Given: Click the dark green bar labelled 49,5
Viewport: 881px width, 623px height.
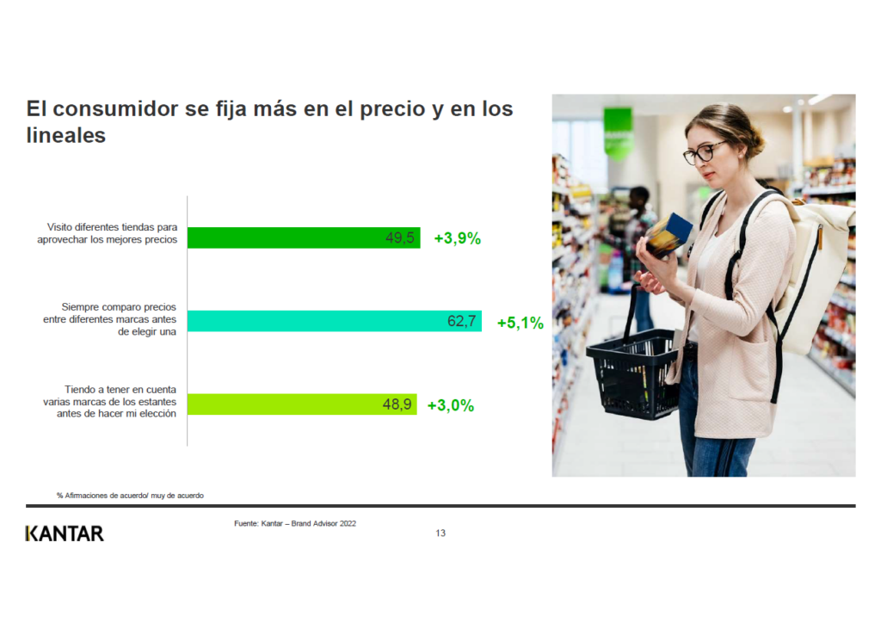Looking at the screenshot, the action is coord(304,237).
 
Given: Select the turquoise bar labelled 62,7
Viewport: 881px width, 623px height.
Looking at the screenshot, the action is coord(335,321).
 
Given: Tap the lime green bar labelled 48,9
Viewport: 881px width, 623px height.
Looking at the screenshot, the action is coord(302,404).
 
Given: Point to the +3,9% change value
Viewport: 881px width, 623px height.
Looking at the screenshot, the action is coord(458,238).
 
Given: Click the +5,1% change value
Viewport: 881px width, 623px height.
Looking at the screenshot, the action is coord(521,323).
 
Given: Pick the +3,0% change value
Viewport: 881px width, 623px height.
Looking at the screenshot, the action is coord(451,405).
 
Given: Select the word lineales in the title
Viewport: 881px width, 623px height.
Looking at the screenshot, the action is coord(65,135).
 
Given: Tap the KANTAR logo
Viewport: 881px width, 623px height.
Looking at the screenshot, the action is coord(65,534).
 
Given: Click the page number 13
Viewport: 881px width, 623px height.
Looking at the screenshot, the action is coord(440,534).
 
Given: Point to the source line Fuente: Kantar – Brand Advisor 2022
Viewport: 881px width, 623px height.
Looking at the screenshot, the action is coord(295,523).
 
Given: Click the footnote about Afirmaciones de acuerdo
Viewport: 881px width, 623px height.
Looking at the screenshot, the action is coord(130,496).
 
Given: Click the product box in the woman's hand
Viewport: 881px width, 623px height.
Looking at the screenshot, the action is coord(668,236).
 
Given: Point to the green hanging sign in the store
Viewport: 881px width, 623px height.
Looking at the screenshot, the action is coord(618,131).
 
